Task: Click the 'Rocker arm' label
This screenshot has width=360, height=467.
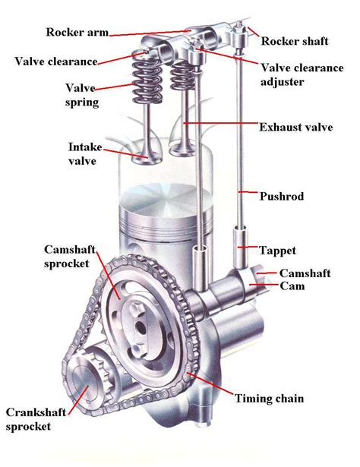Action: [x=77, y=32]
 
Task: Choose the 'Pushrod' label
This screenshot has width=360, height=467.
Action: [x=282, y=196]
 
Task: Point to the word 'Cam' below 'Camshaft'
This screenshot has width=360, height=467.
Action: [x=292, y=286]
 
